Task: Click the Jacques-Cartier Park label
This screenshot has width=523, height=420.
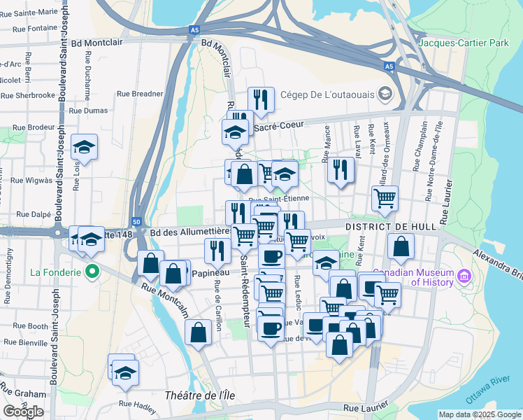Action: click(x=463, y=43)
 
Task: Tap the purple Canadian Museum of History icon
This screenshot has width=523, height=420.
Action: click(x=464, y=278)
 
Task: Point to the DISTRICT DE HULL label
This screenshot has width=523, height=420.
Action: click(x=392, y=227)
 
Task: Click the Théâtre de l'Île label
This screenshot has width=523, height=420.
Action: click(x=199, y=395)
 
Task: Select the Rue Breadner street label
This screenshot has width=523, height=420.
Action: click(x=140, y=93)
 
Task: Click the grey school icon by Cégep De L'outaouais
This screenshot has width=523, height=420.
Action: click(x=385, y=94)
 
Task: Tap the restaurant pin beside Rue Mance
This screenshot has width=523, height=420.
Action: click(x=341, y=169)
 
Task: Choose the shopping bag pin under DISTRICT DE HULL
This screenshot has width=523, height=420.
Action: click(x=401, y=247)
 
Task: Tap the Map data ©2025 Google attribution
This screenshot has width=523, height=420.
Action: click(x=479, y=414)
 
